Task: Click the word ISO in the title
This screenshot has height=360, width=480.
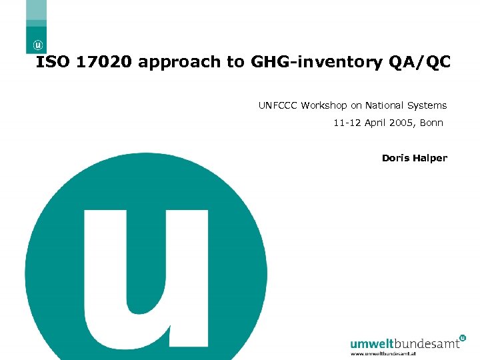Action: point(51,62)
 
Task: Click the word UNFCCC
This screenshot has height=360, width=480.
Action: point(278,105)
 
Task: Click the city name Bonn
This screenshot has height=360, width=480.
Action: point(431,123)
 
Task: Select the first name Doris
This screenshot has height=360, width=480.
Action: point(395,158)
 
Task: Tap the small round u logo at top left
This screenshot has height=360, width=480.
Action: point(39,45)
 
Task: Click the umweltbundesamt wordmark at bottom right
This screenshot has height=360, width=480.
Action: point(404,344)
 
